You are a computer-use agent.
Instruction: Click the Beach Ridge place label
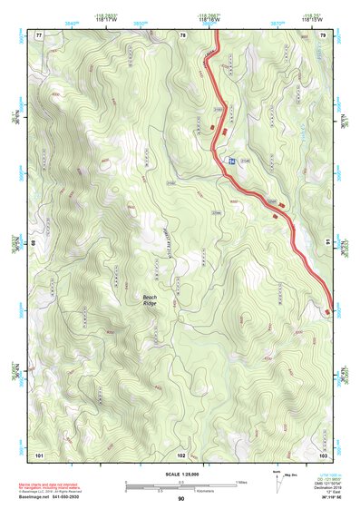click(x=150, y=299)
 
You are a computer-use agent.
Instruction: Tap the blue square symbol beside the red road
click(x=232, y=161)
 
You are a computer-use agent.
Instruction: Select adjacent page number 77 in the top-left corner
click(x=38, y=35)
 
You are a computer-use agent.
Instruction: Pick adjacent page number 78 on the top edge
click(x=182, y=35)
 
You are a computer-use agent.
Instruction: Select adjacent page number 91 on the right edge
click(x=325, y=244)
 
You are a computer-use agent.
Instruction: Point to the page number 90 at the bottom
click(x=181, y=499)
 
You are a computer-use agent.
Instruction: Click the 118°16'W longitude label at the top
click(x=209, y=19)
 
